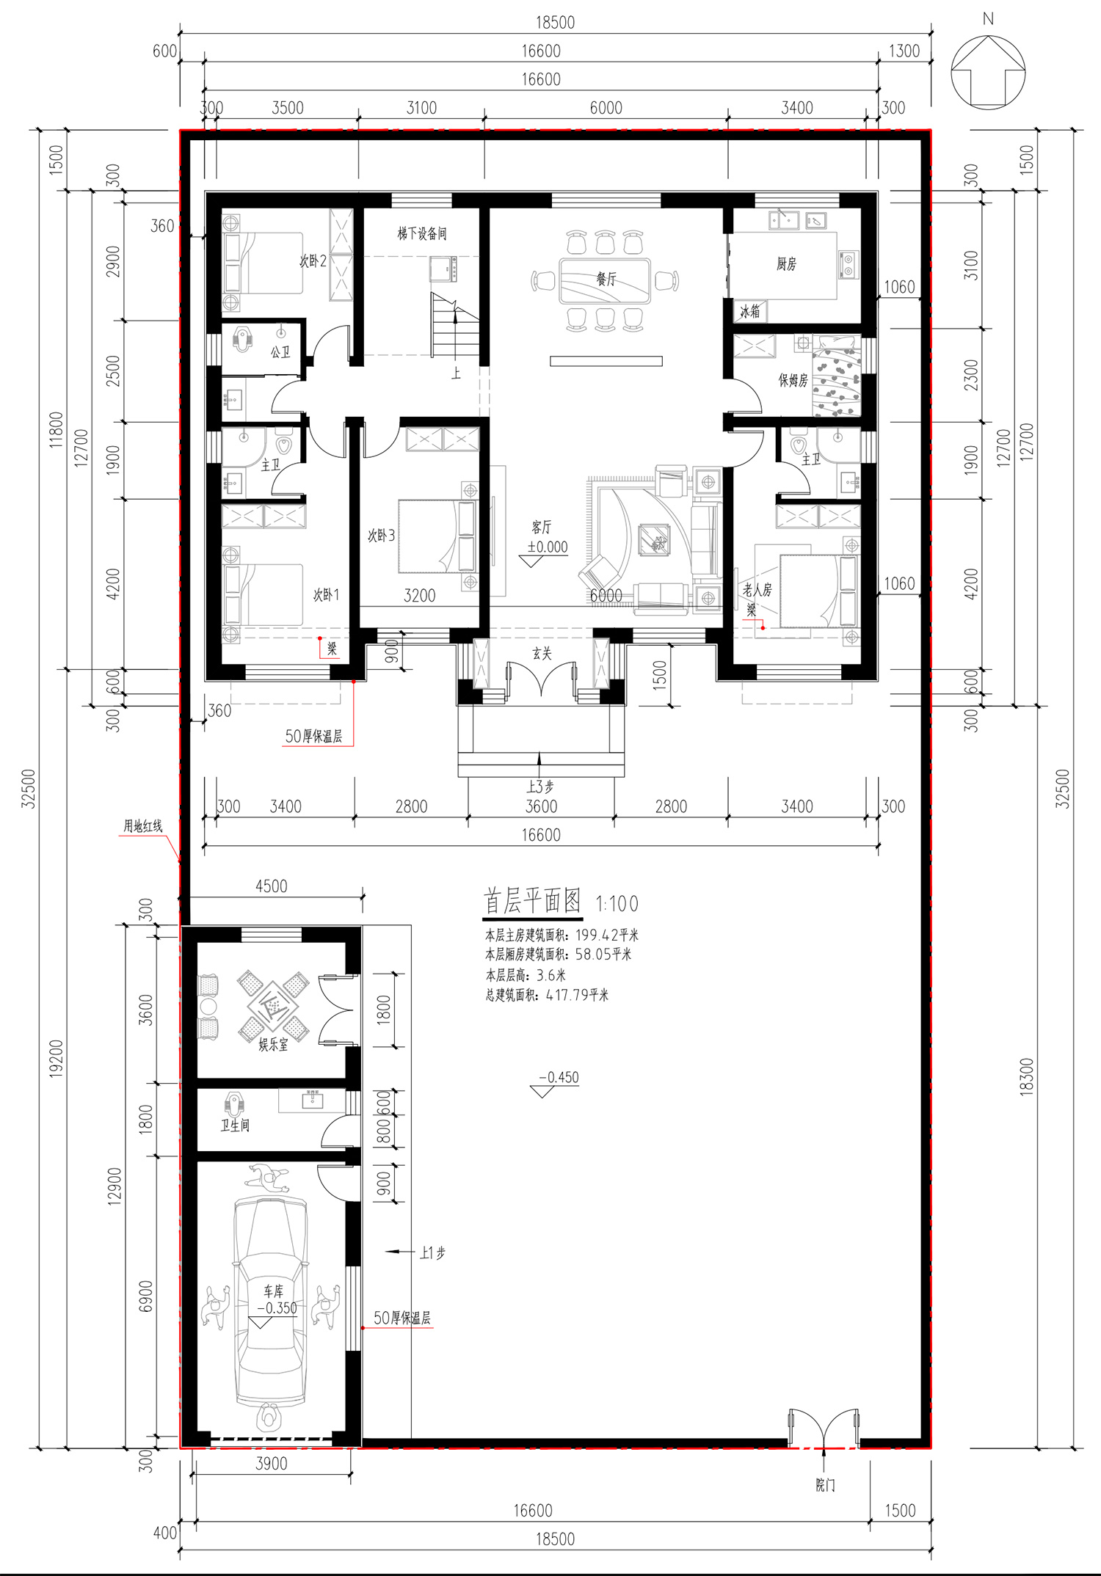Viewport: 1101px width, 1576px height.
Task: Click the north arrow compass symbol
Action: pyautogui.click(x=988, y=73)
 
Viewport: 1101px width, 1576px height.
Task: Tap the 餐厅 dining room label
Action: pyautogui.click(x=606, y=279)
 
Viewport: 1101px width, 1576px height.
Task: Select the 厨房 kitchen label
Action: pyautogui.click(x=786, y=264)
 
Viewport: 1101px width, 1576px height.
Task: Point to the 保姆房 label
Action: pyautogui.click(x=793, y=380)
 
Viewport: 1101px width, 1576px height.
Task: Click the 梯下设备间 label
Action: pyautogui.click(x=422, y=233)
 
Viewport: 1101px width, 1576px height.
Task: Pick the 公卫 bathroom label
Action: pyautogui.click(x=280, y=352)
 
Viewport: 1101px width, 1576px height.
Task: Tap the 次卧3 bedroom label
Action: pyautogui.click(x=382, y=536)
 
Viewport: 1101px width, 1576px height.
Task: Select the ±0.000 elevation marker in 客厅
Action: pyautogui.click(x=548, y=547)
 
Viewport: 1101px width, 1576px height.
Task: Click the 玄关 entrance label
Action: pyautogui.click(x=542, y=653)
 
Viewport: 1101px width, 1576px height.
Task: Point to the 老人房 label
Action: pyautogui.click(x=757, y=589)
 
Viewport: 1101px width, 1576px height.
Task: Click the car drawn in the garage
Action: pyautogui.click(x=270, y=1302)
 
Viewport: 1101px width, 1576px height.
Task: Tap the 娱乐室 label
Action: pyautogui.click(x=273, y=1045)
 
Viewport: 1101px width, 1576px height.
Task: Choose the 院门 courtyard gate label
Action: pyautogui.click(x=825, y=1485)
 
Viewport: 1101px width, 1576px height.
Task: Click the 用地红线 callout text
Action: pyautogui.click(x=142, y=826)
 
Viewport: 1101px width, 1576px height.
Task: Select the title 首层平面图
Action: pyautogui.click(x=532, y=901)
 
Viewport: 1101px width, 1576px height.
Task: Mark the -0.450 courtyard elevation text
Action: pyautogui.click(x=559, y=1077)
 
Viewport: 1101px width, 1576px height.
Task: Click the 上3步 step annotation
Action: pyautogui.click(x=540, y=787)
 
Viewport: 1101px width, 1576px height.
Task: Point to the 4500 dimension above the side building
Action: pyautogui.click(x=272, y=886)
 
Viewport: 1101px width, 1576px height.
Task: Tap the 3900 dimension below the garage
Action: pyautogui.click(x=272, y=1464)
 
